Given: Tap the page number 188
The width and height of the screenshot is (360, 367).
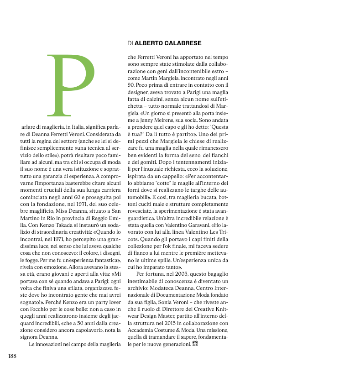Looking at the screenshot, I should point(12,356).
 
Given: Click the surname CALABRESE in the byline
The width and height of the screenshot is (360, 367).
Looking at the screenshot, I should point(182,43).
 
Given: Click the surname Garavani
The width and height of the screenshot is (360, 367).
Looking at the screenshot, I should point(196,225).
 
